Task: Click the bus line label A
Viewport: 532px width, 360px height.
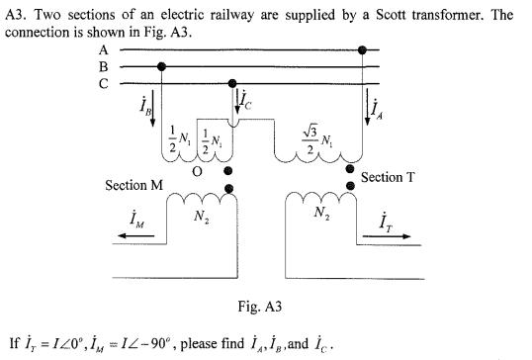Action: pyautogui.click(x=103, y=49)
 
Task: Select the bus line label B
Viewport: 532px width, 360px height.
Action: pyautogui.click(x=103, y=66)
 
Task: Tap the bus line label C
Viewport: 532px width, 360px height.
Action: pyautogui.click(x=103, y=84)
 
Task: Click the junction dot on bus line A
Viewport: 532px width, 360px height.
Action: pyautogui.click(x=363, y=48)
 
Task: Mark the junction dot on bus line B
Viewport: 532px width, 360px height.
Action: pyautogui.click(x=162, y=66)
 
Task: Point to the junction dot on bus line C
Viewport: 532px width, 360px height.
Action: pyautogui.click(x=232, y=84)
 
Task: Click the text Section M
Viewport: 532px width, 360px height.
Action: pyautogui.click(x=133, y=186)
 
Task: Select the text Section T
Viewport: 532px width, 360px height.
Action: pyautogui.click(x=395, y=177)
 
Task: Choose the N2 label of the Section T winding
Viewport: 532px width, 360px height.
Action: pyautogui.click(x=322, y=213)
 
